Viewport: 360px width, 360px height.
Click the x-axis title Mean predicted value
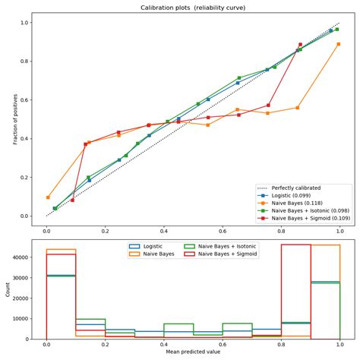193,352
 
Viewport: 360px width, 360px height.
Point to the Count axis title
7,289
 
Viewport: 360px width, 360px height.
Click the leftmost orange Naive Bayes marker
48,197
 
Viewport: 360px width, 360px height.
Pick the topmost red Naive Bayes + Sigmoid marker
300,45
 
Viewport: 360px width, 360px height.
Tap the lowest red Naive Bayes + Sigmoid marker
72,201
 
